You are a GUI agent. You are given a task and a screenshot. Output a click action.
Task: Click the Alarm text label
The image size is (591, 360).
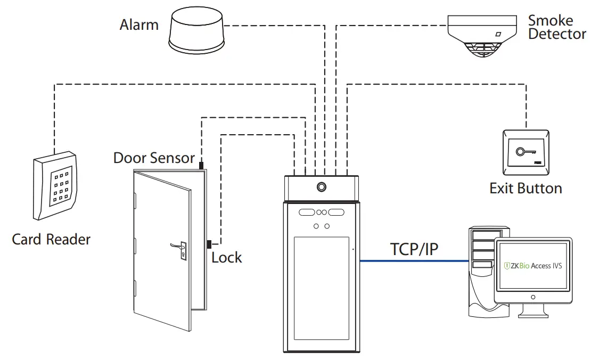click(139, 24)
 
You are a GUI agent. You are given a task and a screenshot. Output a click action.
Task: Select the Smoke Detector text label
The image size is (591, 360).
click(556, 28)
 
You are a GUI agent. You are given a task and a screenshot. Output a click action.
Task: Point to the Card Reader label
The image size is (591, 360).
click(51, 239)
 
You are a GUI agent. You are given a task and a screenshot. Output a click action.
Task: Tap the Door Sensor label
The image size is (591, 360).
click(154, 158)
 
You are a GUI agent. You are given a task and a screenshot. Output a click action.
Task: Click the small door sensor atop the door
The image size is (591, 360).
click(201, 166)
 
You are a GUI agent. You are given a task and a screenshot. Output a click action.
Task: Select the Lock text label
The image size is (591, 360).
click(226, 258)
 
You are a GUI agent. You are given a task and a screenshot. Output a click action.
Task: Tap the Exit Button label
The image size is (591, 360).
click(526, 188)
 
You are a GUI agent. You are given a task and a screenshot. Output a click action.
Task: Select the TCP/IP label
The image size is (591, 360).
click(415, 249)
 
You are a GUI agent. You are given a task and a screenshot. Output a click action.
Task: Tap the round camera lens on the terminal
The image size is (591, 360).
click(321, 187)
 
